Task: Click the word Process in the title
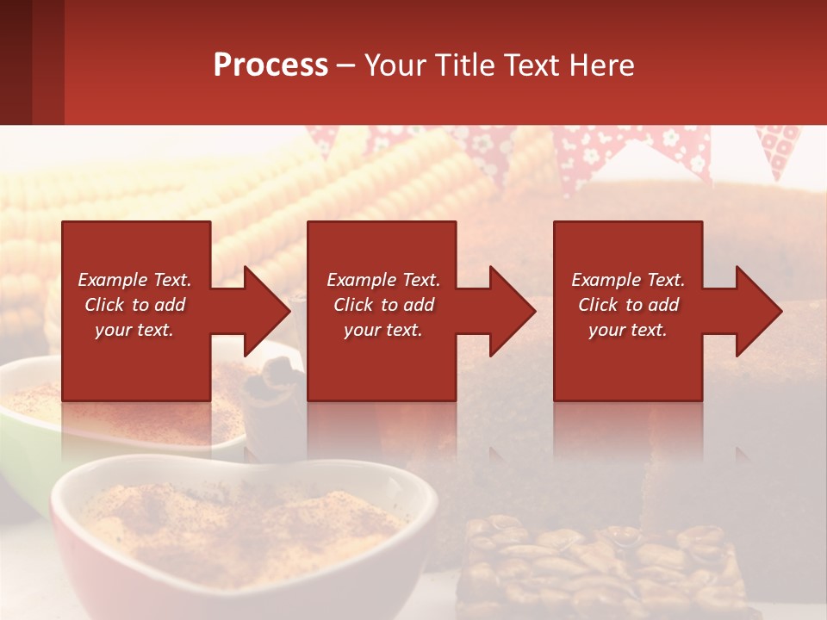point(270,65)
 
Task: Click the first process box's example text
point(134,305)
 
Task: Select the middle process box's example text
point(383,305)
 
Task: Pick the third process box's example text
point(628,305)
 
